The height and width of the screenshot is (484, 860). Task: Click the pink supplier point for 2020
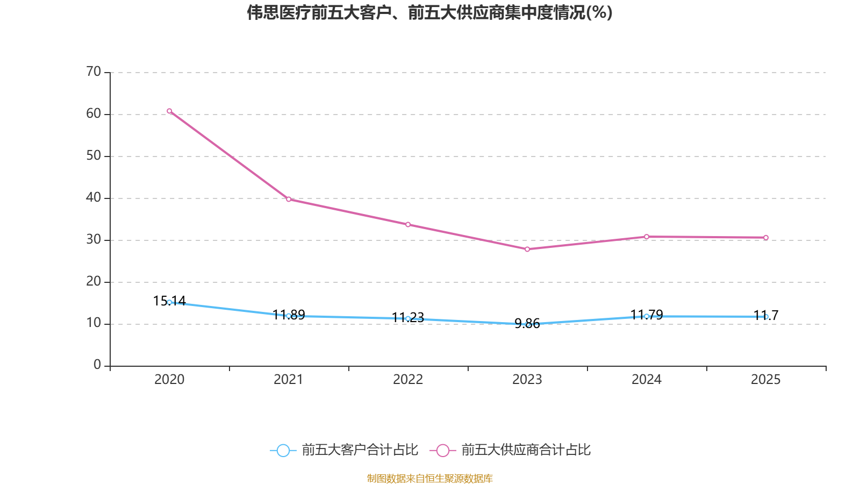click(x=169, y=111)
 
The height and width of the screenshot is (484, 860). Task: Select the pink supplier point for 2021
click(x=289, y=200)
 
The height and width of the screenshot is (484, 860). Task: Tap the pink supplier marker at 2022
click(x=408, y=225)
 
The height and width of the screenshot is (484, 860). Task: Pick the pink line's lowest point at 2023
click(x=527, y=250)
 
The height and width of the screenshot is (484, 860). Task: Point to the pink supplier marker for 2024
click(x=647, y=237)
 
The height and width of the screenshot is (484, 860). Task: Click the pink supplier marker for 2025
click(x=766, y=238)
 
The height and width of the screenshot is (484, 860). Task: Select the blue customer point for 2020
click(x=169, y=302)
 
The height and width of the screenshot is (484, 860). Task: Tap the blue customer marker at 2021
click(x=289, y=316)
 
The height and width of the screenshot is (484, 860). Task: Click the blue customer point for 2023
click(x=527, y=324)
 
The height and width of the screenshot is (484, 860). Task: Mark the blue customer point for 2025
click(x=766, y=317)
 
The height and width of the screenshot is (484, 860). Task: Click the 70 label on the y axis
click(x=94, y=72)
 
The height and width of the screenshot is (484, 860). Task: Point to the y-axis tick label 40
click(x=94, y=197)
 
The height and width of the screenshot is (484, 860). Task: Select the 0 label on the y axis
click(x=97, y=365)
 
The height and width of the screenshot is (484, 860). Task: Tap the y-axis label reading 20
click(x=94, y=281)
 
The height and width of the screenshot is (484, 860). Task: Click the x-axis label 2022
click(x=408, y=380)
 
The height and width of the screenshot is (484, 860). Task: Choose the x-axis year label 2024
click(x=647, y=380)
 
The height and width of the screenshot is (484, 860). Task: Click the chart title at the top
click(x=429, y=12)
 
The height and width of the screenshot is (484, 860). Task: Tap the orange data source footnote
click(x=429, y=478)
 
